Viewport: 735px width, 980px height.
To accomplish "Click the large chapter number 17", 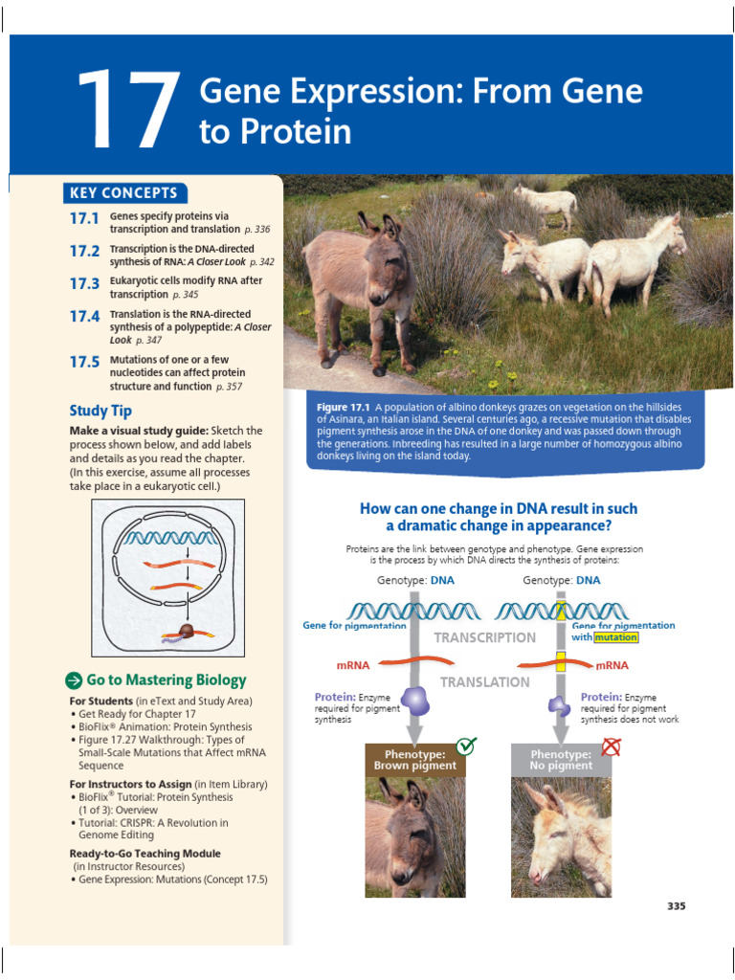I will pos(127,112).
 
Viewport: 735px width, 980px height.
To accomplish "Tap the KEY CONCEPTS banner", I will pos(123,192).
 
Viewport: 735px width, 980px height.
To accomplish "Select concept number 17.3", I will pos(84,283).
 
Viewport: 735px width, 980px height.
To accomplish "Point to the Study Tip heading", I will pos(100,411).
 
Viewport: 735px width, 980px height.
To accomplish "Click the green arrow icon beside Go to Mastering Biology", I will pos(74,680).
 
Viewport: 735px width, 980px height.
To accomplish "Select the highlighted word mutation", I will pos(615,637).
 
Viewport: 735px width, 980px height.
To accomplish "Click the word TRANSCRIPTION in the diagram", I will pos(485,637).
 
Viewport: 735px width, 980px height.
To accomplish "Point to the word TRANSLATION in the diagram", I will pos(484,682).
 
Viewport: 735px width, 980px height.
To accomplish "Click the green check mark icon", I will pos(466,746).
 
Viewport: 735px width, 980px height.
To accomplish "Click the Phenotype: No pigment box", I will pos(561,760).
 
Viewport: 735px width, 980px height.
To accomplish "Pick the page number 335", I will pos(676,906).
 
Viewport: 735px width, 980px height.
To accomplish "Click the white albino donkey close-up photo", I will pos(561,837).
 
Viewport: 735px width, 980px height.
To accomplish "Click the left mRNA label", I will pos(353,664).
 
